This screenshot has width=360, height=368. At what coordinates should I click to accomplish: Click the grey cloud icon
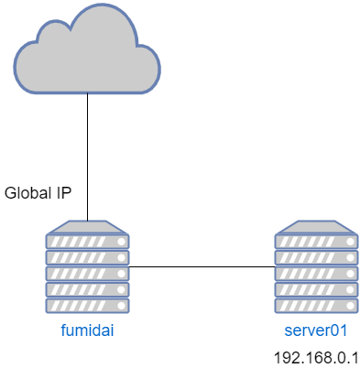(87, 53)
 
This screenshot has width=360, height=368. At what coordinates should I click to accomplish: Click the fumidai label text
(87, 330)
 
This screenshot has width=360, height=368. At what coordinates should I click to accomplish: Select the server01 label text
(316, 330)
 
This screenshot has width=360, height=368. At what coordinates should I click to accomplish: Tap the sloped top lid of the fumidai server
(87, 226)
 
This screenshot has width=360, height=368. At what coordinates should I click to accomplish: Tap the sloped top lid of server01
(316, 226)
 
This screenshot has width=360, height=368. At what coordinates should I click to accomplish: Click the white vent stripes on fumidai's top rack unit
(78, 242)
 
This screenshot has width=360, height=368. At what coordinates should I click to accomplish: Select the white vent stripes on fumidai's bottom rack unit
(78, 305)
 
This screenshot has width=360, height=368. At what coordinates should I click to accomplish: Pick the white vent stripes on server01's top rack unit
(307, 242)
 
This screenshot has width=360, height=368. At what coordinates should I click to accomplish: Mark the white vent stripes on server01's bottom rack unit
(307, 305)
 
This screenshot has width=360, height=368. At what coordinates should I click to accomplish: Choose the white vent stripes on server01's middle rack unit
(307, 273)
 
